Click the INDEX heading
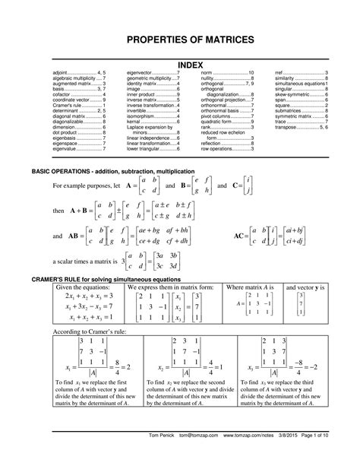(x=180, y=65)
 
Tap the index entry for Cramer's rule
(x=77, y=105)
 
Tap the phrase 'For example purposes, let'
(x=83, y=185)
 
